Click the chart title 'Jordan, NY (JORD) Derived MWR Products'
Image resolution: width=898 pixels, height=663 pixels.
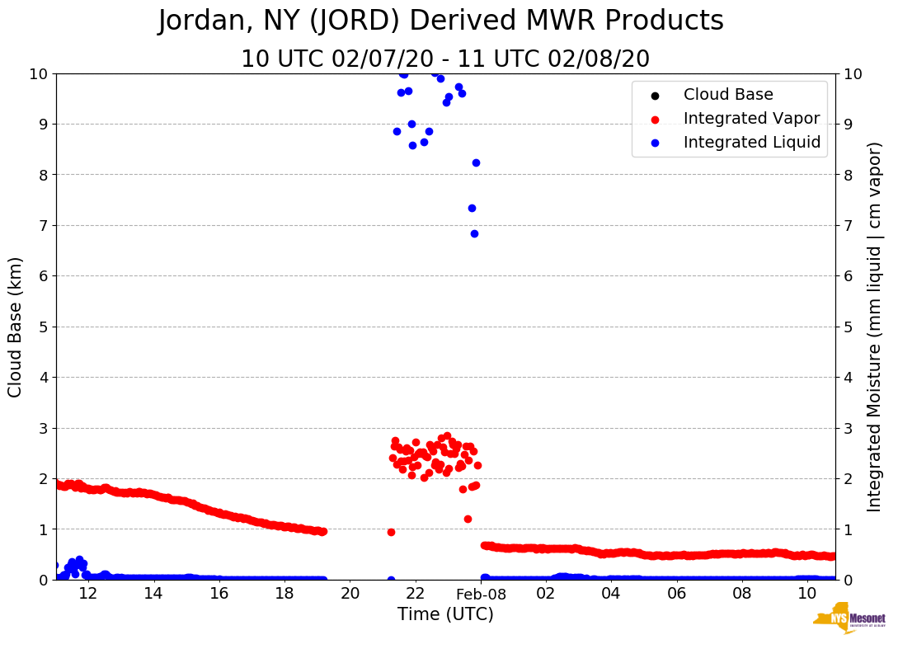tap(440, 21)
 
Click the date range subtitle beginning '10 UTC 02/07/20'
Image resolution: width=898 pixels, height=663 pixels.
tap(445, 59)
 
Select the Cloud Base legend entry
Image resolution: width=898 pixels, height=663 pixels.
tap(728, 95)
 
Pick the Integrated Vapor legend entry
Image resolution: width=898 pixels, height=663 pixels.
tap(751, 119)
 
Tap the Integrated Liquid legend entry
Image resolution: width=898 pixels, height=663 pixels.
tap(752, 143)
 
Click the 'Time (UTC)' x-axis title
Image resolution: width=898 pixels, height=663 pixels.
tap(445, 614)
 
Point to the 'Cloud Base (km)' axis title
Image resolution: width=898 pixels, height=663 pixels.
tap(16, 327)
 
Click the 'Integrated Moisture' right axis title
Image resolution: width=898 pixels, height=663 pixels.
tap(875, 327)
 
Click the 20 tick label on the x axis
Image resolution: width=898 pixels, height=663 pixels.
tap(350, 594)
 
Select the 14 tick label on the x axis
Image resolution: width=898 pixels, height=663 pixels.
tap(153, 594)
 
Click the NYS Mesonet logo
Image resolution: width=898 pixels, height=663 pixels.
tap(849, 621)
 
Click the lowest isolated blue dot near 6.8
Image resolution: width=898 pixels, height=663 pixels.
tap(474, 233)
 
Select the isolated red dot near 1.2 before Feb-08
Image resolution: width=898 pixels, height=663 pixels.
tap(468, 519)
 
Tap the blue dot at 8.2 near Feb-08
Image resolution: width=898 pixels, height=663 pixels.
tap(476, 162)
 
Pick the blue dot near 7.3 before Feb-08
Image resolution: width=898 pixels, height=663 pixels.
tap(472, 208)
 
